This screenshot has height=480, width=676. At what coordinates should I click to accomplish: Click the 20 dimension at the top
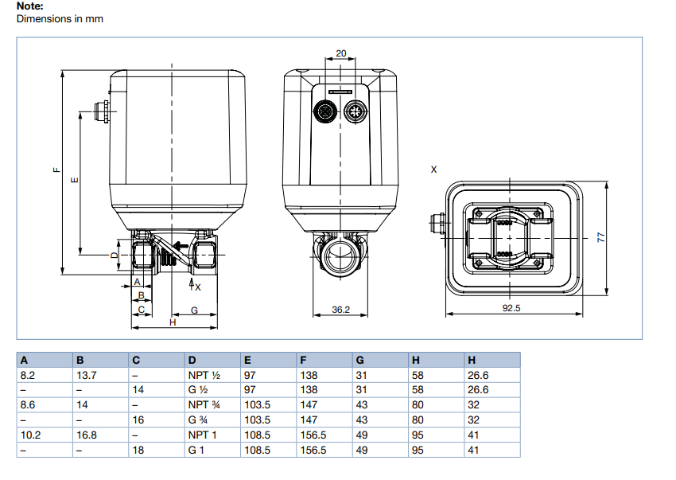(x=341, y=53)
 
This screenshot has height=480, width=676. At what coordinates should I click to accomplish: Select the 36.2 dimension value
(x=341, y=309)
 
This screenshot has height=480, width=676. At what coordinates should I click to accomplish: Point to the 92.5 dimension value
(x=511, y=309)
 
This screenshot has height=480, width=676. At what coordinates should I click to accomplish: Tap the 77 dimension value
(x=601, y=237)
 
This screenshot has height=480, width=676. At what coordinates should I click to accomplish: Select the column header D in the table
(x=192, y=360)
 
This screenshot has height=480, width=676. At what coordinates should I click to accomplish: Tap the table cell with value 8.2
(x=27, y=375)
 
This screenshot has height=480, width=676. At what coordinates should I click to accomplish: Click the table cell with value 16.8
(x=87, y=435)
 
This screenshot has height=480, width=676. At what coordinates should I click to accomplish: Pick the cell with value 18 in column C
(x=138, y=450)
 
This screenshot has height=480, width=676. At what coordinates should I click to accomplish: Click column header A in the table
(x=24, y=360)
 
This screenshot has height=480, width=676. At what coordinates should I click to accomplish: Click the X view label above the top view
(x=433, y=170)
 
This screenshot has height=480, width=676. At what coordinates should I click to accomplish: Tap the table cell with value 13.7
(x=86, y=375)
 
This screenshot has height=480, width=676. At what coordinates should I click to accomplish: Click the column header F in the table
(x=303, y=360)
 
